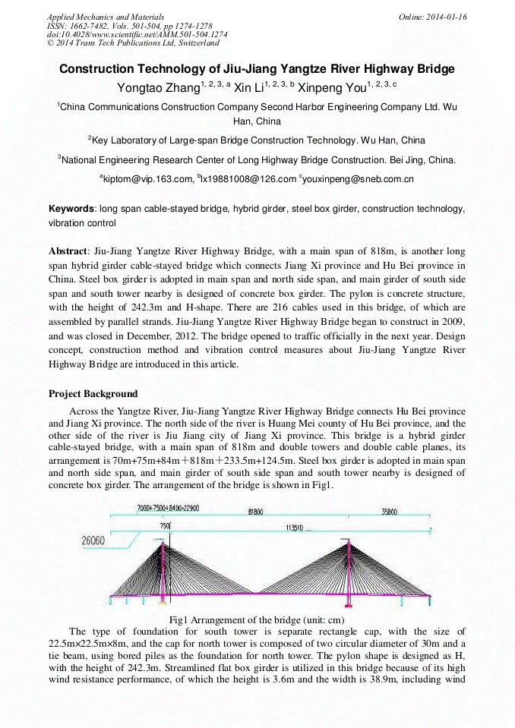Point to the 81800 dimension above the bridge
pos(256,511)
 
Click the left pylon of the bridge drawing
pos(162,566)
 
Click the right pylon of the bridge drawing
pos(348,566)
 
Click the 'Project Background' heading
pos(93,393)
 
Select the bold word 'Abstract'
pos(68,251)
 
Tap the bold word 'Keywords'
pos(71,208)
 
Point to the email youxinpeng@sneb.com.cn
pos(359,179)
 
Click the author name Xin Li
pos(248,88)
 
